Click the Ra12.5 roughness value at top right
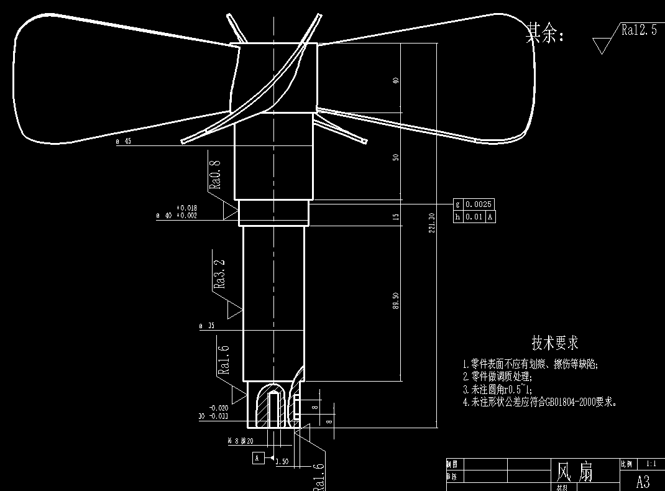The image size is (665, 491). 638,30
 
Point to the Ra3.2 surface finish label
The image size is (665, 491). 219,273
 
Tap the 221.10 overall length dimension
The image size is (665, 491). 431,222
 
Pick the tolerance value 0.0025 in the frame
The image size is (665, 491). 479,204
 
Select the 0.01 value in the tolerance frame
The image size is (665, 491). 475,217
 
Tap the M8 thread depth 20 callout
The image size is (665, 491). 241,441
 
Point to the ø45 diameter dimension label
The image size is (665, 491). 124,141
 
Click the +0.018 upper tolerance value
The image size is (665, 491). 186,208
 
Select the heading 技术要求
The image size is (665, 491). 554,342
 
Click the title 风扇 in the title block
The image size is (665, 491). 574,472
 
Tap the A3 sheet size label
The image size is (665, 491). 643,481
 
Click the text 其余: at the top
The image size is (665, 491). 545,34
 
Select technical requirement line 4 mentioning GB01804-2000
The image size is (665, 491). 540,402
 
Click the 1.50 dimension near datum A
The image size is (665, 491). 281,462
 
